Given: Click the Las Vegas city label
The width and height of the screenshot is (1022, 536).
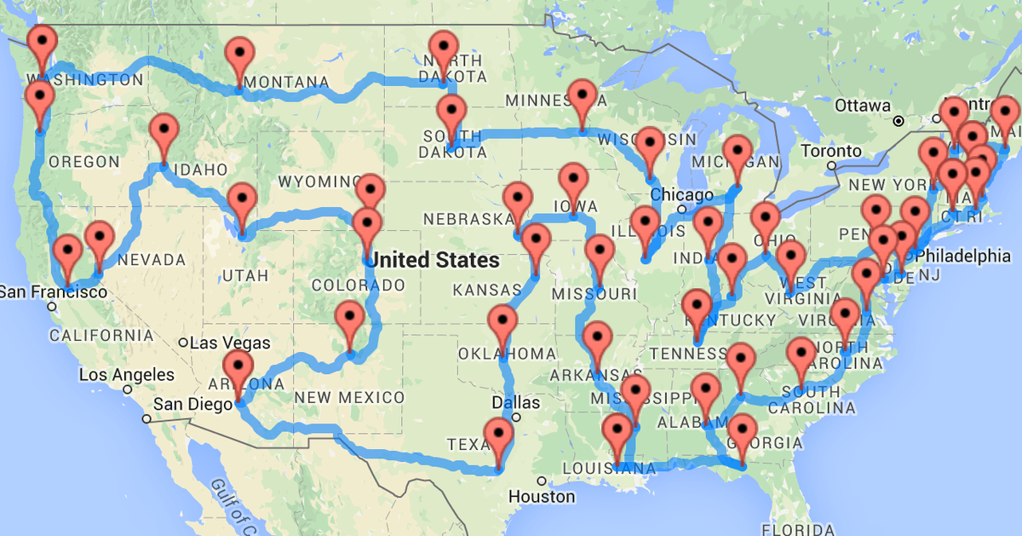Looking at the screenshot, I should coord(230,343).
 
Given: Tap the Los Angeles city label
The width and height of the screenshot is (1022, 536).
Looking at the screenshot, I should coord(126,374).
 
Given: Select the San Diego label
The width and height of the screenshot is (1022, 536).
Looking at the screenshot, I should coord(192,404).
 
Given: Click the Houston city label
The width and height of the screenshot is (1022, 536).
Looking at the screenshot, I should coord(542,495).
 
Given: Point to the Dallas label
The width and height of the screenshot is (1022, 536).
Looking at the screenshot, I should coord(515,402).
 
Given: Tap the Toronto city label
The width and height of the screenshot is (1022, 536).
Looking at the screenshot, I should coord(831,151).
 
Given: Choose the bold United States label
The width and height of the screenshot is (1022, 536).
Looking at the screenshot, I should coord(435,259).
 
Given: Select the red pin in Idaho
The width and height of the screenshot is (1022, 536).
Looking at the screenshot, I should coord(164,134).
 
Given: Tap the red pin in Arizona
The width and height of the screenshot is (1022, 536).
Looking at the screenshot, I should coord(238,371).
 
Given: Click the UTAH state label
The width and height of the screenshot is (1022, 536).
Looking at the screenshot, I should coord(246,275).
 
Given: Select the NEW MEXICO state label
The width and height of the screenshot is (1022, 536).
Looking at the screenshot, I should coord(350,397).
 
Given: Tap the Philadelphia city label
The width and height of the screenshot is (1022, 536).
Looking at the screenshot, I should coord(967,255).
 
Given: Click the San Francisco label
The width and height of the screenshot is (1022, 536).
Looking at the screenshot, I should coord(54,291).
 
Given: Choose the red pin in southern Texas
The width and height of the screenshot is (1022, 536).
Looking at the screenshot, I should coord(499,438).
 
